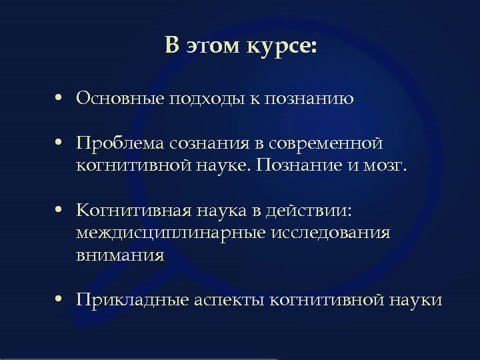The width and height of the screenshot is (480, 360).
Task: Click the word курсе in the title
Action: coord(283,47)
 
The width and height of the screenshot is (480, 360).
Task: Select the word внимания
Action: coord(119,255)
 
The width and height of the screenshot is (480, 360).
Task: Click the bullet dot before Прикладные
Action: coord(60,300)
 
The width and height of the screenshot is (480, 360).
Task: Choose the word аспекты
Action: coord(230,300)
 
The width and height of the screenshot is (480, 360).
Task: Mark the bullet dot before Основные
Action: coord(60,99)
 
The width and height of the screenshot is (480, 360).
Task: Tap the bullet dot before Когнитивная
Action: coord(60,211)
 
